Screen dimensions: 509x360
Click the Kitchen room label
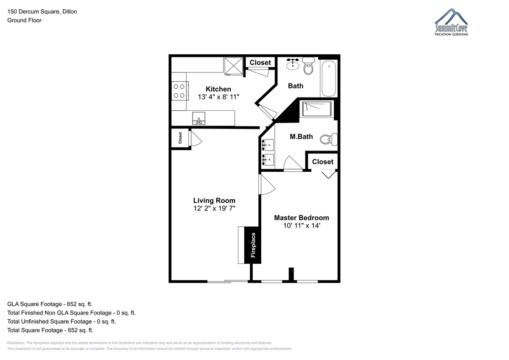[x=218, y=89]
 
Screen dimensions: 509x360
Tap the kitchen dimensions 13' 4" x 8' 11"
[x=218, y=97]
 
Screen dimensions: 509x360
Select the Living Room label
[x=214, y=201]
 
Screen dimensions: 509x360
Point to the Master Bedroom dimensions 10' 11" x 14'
[x=302, y=226]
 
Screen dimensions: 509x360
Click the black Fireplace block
[x=253, y=245]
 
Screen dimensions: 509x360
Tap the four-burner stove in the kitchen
[x=180, y=91]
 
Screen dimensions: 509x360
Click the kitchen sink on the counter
[x=199, y=118]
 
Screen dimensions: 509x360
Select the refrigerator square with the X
[x=234, y=66]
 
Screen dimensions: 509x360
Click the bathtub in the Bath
[x=329, y=78]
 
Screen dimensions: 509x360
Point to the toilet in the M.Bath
[x=329, y=139]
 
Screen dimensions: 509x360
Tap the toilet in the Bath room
[x=308, y=66]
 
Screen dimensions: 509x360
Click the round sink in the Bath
[x=293, y=64]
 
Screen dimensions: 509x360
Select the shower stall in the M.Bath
[x=316, y=109]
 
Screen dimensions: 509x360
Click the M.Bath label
[x=301, y=137]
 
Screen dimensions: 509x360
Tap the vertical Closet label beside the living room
[x=180, y=138]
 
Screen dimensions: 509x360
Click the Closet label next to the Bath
[x=260, y=62]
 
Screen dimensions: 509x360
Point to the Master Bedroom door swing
[x=267, y=184]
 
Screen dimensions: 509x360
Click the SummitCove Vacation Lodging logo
[x=451, y=22]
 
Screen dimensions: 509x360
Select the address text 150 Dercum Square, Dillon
[x=42, y=11]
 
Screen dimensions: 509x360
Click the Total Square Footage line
[x=50, y=330]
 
